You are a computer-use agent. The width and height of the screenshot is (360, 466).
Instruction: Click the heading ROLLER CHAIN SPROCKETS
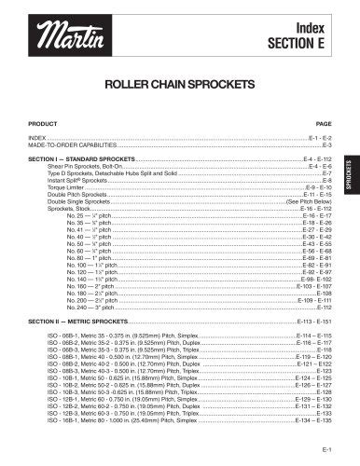180,82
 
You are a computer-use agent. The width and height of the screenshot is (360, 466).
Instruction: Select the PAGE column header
325,123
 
